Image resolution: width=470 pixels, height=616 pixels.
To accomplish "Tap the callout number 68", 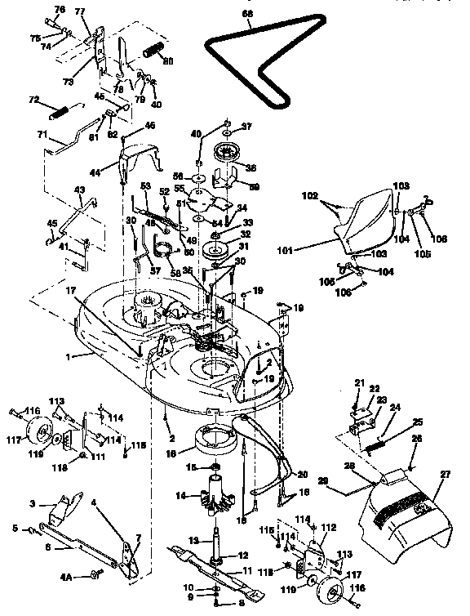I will coord(247,13).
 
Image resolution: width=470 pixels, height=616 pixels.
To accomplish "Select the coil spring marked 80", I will coord(151,52).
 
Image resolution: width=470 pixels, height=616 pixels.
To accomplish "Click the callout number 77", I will coord(79,11).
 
